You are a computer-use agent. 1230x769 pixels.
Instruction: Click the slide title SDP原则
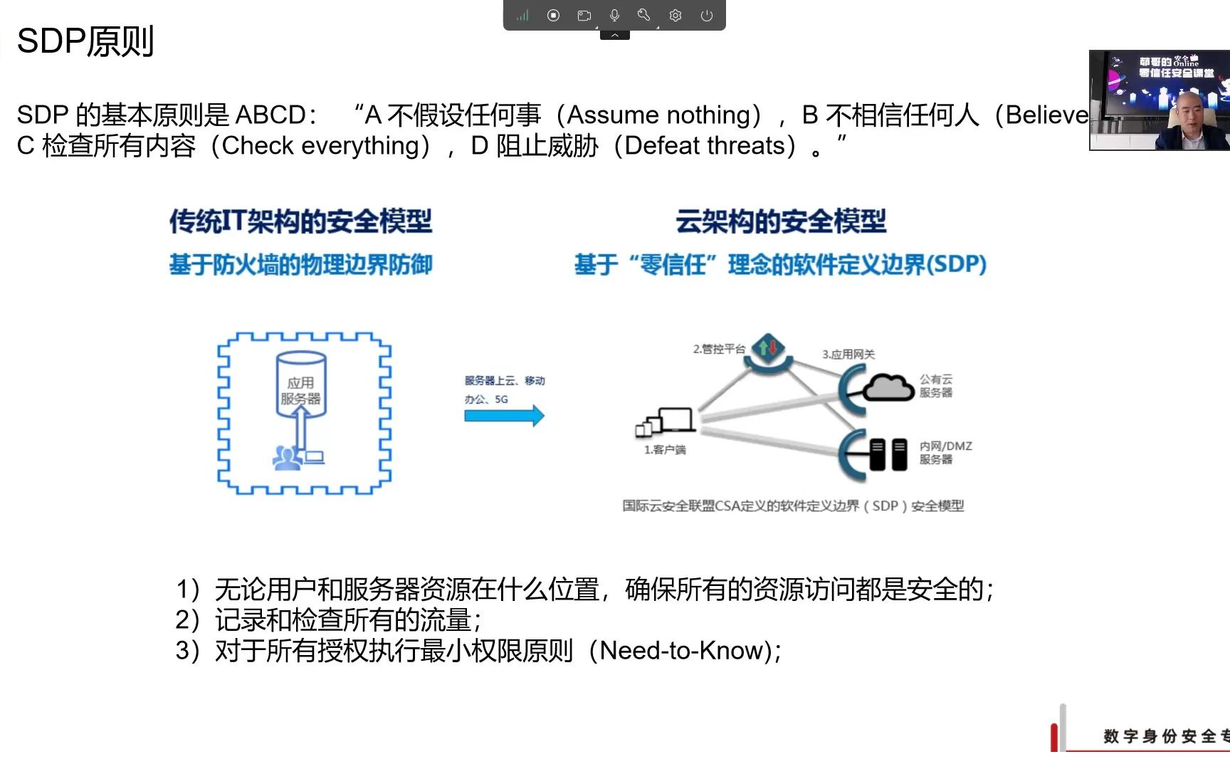pos(85,41)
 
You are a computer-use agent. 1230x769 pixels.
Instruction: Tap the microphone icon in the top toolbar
pos(614,15)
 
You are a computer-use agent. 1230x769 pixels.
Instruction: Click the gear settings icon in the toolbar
pos(676,15)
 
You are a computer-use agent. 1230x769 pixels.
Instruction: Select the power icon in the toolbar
pos(706,15)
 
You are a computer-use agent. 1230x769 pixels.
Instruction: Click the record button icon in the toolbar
pos(553,15)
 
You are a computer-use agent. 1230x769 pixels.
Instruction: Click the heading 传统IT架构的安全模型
pos(300,221)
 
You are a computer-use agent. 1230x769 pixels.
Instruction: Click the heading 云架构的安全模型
pos(781,221)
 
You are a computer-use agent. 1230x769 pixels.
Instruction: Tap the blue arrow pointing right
pos(504,415)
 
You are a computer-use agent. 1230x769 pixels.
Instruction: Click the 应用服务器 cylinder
pos(301,385)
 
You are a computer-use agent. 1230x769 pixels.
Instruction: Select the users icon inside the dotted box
pos(287,457)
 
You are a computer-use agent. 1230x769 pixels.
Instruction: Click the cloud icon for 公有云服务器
pos(888,388)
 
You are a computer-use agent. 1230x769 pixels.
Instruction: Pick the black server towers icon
pos(888,454)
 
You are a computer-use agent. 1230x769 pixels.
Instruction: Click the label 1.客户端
pos(665,450)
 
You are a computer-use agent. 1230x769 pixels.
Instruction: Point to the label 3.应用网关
pos(848,354)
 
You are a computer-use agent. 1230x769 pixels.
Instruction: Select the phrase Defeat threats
pos(705,146)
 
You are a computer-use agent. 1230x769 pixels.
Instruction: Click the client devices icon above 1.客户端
pos(666,421)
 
